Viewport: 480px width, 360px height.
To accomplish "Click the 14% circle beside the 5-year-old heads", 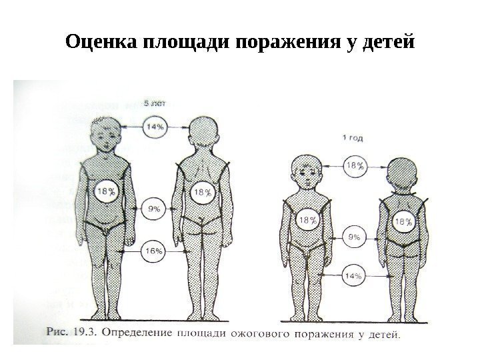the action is (x=156, y=125).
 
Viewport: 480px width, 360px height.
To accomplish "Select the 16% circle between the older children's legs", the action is (x=155, y=251).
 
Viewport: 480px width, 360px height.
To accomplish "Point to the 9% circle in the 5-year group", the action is (x=155, y=209).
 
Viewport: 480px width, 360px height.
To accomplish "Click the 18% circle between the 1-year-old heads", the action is (x=355, y=166).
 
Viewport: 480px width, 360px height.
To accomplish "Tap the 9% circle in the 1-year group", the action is (x=355, y=236).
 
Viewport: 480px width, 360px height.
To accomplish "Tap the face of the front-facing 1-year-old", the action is (x=307, y=176).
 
